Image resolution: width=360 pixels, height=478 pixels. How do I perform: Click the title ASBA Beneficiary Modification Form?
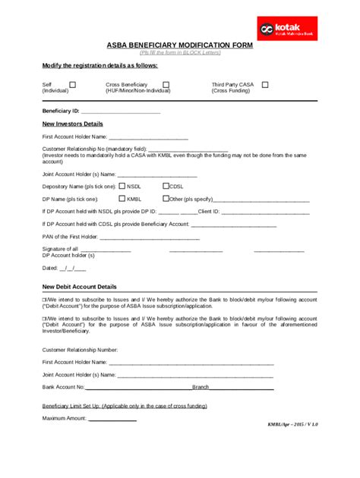pyautogui.click(x=179, y=46)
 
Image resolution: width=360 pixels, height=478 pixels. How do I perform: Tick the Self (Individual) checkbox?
pyautogui.click(x=73, y=85)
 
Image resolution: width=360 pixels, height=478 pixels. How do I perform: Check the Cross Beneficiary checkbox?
pyautogui.click(x=166, y=85)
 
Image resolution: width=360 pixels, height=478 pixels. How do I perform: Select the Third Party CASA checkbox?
pyautogui.click(x=265, y=85)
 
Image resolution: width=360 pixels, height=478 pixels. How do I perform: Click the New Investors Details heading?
pyautogui.click(x=73, y=124)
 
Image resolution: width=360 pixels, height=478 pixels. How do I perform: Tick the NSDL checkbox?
pyautogui.click(x=122, y=186)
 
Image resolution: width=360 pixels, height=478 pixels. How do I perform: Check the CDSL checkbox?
pyautogui.click(x=166, y=186)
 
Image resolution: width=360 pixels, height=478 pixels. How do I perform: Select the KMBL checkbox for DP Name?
pyautogui.click(x=122, y=199)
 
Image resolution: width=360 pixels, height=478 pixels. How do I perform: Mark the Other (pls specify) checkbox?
pyautogui.click(x=166, y=199)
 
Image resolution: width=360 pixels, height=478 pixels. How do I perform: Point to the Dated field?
pyautogui.click(x=64, y=268)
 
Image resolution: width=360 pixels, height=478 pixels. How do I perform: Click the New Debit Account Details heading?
pyautogui.click(x=80, y=288)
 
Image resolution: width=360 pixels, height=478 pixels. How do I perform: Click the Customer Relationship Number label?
pyautogui.click(x=80, y=350)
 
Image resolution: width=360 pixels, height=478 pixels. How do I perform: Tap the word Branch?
pyautogui.click(x=201, y=387)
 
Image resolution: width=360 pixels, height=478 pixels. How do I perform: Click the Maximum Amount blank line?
pyautogui.click(x=112, y=418)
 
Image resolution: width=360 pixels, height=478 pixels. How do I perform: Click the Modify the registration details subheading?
pyautogui.click(x=100, y=65)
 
